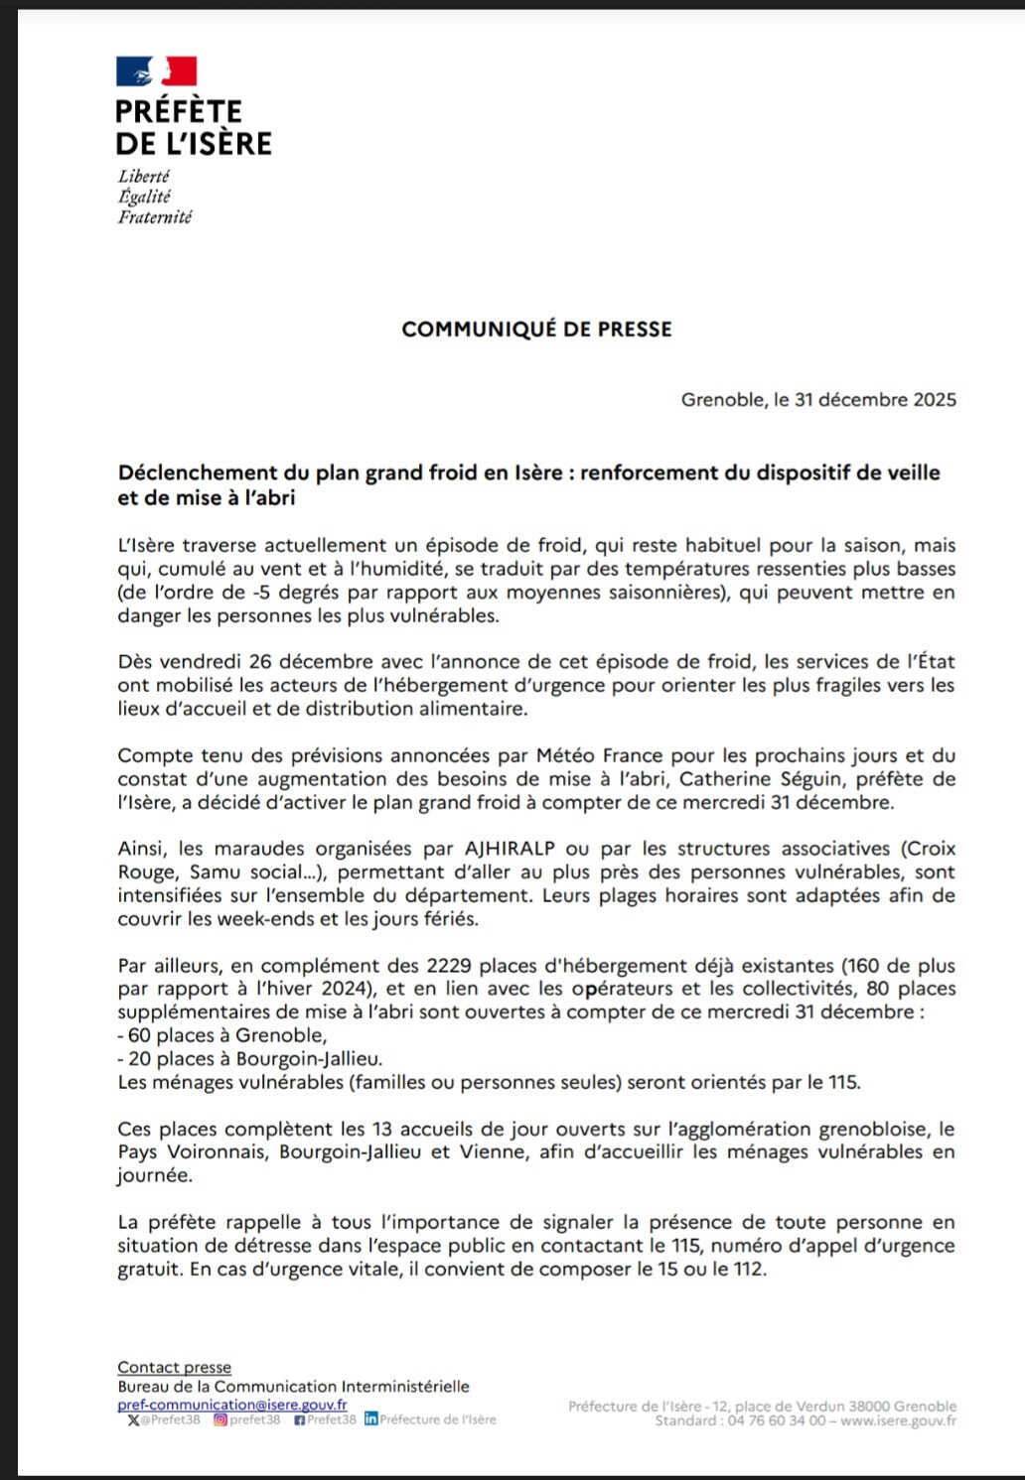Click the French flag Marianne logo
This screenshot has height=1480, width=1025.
pyautogui.click(x=156, y=70)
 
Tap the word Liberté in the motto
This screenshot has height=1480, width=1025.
pyautogui.click(x=144, y=176)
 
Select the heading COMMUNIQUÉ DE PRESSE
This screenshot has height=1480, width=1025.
pyautogui.click(x=536, y=330)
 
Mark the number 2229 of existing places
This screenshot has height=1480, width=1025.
pyautogui.click(x=449, y=965)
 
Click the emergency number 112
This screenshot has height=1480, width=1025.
pyautogui.click(x=746, y=1269)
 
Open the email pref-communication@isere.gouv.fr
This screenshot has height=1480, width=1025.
pyautogui.click(x=231, y=1405)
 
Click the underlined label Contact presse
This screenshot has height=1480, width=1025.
pyautogui.click(x=174, y=1368)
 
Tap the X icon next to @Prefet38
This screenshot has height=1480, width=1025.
pyautogui.click(x=134, y=1420)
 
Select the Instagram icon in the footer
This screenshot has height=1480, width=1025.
pyautogui.click(x=220, y=1420)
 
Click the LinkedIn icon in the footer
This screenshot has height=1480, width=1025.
pyautogui.click(x=371, y=1419)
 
